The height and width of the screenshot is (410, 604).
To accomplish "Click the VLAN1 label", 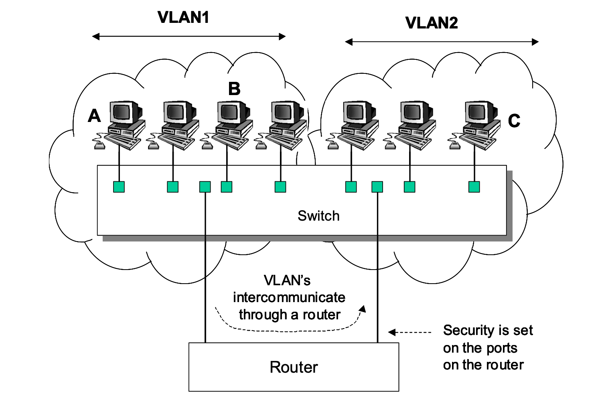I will pos(183,18).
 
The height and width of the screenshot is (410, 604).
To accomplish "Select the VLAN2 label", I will pos(432,23).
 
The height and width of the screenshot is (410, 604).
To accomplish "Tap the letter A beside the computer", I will pos(94,116).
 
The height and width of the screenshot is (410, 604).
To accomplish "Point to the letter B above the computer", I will pos(234,89).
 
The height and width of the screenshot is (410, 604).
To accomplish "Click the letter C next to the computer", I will pos(514,121).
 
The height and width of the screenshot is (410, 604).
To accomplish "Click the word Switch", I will pos(318,216).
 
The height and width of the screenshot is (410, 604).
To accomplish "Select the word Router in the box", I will pos(294,367).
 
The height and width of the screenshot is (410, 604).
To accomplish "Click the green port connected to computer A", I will pos(119,187).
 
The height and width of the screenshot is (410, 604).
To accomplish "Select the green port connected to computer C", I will pos(474,187).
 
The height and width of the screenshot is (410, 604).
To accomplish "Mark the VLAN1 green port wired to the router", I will pos(205,187).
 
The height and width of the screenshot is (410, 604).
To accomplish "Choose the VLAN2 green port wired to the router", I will pos(377,187).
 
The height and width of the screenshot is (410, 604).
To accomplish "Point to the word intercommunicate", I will pos(289,297).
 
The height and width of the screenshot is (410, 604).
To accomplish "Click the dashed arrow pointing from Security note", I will pos(409,332).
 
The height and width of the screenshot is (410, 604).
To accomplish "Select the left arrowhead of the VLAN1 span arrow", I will pos(95,37).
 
